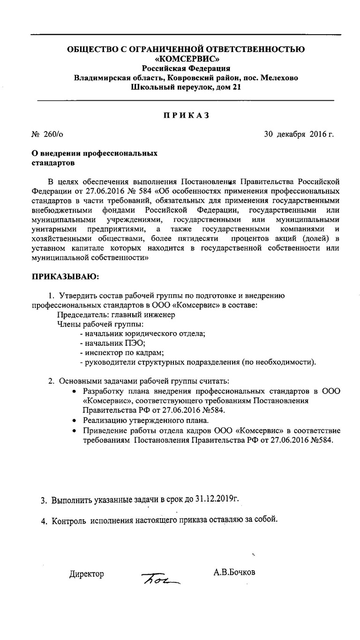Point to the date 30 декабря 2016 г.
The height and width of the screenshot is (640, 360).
tap(299, 134)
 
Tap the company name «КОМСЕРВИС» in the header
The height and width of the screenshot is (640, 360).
tap(186, 59)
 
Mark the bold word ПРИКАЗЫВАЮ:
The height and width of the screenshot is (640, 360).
tap(65, 276)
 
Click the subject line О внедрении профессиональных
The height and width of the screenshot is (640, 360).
tap(94, 153)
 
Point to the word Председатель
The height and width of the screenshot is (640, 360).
tap(82, 315)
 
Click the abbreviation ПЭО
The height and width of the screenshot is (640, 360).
tap(134, 343)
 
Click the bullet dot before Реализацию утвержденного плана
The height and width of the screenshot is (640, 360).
tap(75, 421)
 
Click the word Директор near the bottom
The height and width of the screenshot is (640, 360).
tap(87, 574)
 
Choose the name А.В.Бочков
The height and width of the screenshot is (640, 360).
tap(234, 573)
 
